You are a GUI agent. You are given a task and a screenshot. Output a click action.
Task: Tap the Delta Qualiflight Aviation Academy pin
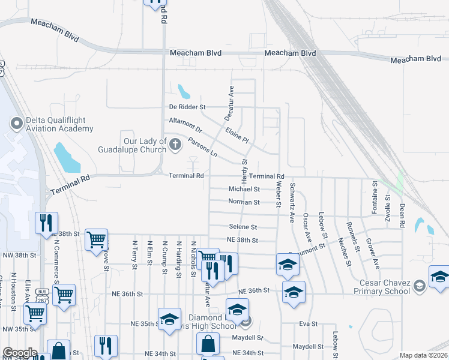(16, 123)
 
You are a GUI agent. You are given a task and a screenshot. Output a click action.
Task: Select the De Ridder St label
(187, 107)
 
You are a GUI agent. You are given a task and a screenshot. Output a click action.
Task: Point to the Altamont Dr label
(186, 124)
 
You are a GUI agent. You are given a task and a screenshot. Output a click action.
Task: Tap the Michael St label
(244, 189)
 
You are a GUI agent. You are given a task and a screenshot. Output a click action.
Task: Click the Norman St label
(244, 202)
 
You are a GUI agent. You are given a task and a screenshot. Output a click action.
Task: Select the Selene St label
(243, 227)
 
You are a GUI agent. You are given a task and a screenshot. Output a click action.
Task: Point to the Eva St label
(308, 324)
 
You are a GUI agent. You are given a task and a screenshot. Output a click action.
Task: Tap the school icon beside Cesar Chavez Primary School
(439, 277)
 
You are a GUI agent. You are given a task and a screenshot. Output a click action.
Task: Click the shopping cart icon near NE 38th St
(96, 239)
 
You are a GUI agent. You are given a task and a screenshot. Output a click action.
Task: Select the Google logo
(19, 353)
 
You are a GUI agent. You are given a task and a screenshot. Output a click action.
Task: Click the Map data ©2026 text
(423, 355)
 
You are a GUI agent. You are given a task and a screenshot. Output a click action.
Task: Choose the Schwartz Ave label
(292, 199)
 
